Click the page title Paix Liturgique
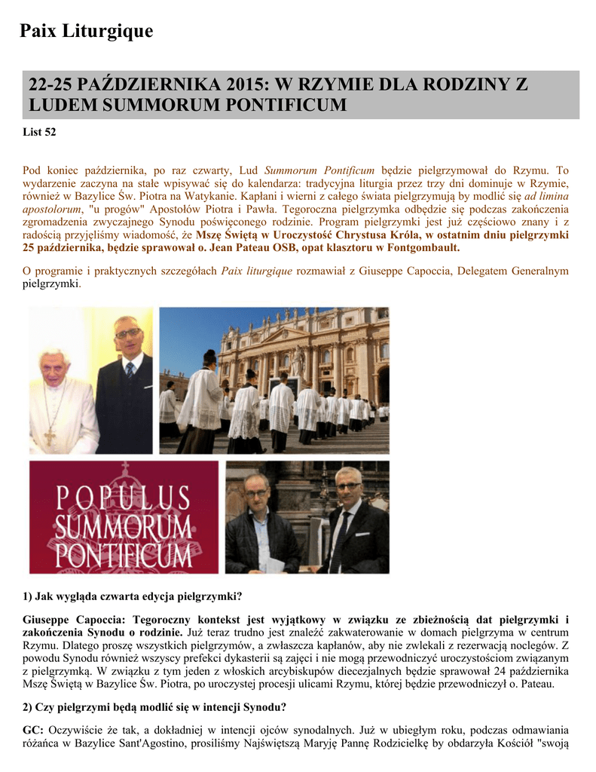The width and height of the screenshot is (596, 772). tap(86, 31)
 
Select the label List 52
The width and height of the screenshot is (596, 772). tap(41, 132)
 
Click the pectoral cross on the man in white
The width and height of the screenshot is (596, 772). tap(50, 437)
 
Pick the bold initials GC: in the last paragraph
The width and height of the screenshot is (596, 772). tap(34, 730)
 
